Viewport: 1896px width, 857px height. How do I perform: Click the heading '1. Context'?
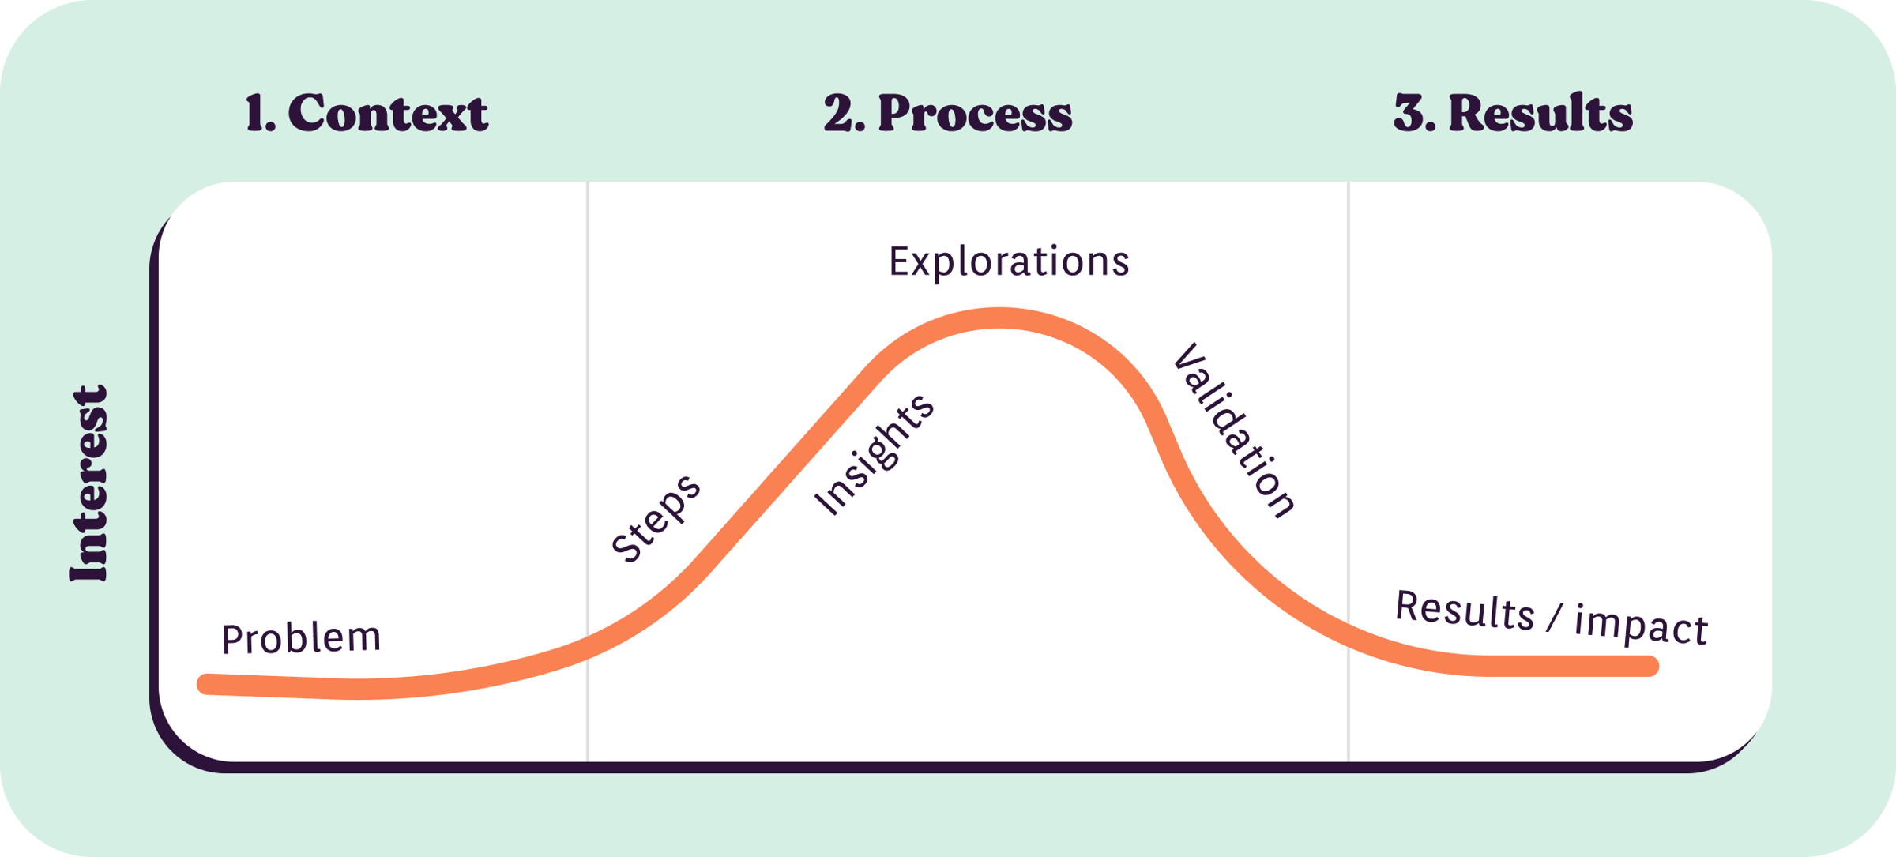(367, 113)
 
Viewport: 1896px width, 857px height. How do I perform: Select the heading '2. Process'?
(948, 113)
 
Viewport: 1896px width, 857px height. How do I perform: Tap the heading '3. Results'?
(1513, 113)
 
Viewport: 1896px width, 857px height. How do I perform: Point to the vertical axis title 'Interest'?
(88, 483)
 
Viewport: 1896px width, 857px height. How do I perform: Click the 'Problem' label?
(301, 638)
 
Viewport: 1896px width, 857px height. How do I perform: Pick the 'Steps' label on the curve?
(656, 518)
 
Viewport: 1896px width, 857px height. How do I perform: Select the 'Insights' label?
(875, 454)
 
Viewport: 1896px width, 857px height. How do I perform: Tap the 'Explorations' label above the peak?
(1009, 261)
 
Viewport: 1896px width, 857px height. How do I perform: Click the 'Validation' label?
(1234, 431)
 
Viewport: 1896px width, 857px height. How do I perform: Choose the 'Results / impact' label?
(1552, 618)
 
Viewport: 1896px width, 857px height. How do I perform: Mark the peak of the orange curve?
(999, 318)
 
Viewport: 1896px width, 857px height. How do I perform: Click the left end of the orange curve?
(207, 684)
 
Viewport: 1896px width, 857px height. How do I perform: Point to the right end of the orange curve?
(1649, 666)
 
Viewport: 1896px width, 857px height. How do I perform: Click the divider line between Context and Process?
(588, 472)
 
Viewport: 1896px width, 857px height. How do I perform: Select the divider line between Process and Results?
(1349, 472)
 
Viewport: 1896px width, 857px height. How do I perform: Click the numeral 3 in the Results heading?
(1409, 113)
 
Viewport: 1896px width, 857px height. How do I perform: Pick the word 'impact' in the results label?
(1641, 626)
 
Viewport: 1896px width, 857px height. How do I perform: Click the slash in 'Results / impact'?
(1554, 617)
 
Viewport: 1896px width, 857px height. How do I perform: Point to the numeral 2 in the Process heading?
(838, 113)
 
